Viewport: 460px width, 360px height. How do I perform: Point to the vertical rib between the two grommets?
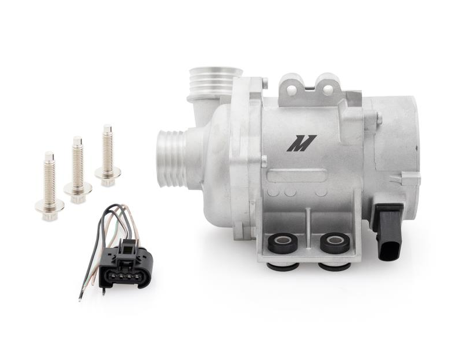coord(310,232)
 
